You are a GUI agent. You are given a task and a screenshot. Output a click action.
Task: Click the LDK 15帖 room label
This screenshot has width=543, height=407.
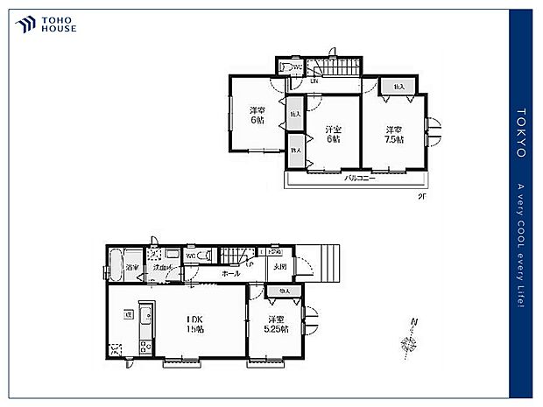point(194,324)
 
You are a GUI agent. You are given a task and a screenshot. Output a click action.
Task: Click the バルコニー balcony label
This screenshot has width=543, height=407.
point(355,178)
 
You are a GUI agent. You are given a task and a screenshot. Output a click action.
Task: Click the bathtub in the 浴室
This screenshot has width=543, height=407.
point(115,266)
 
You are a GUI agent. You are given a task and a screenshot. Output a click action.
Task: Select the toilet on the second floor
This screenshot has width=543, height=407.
point(286,68)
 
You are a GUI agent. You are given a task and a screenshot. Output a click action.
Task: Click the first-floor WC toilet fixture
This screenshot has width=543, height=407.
point(202,256)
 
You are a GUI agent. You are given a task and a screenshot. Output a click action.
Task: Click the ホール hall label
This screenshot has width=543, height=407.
point(231,274)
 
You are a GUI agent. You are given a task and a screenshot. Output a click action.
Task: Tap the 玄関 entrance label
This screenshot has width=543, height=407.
point(279,267)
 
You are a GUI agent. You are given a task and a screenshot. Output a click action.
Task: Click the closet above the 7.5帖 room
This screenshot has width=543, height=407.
point(399,86)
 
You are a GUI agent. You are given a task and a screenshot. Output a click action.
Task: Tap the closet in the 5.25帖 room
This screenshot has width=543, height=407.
point(284,290)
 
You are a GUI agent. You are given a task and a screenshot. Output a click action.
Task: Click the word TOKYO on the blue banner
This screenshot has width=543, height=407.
point(521,133)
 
